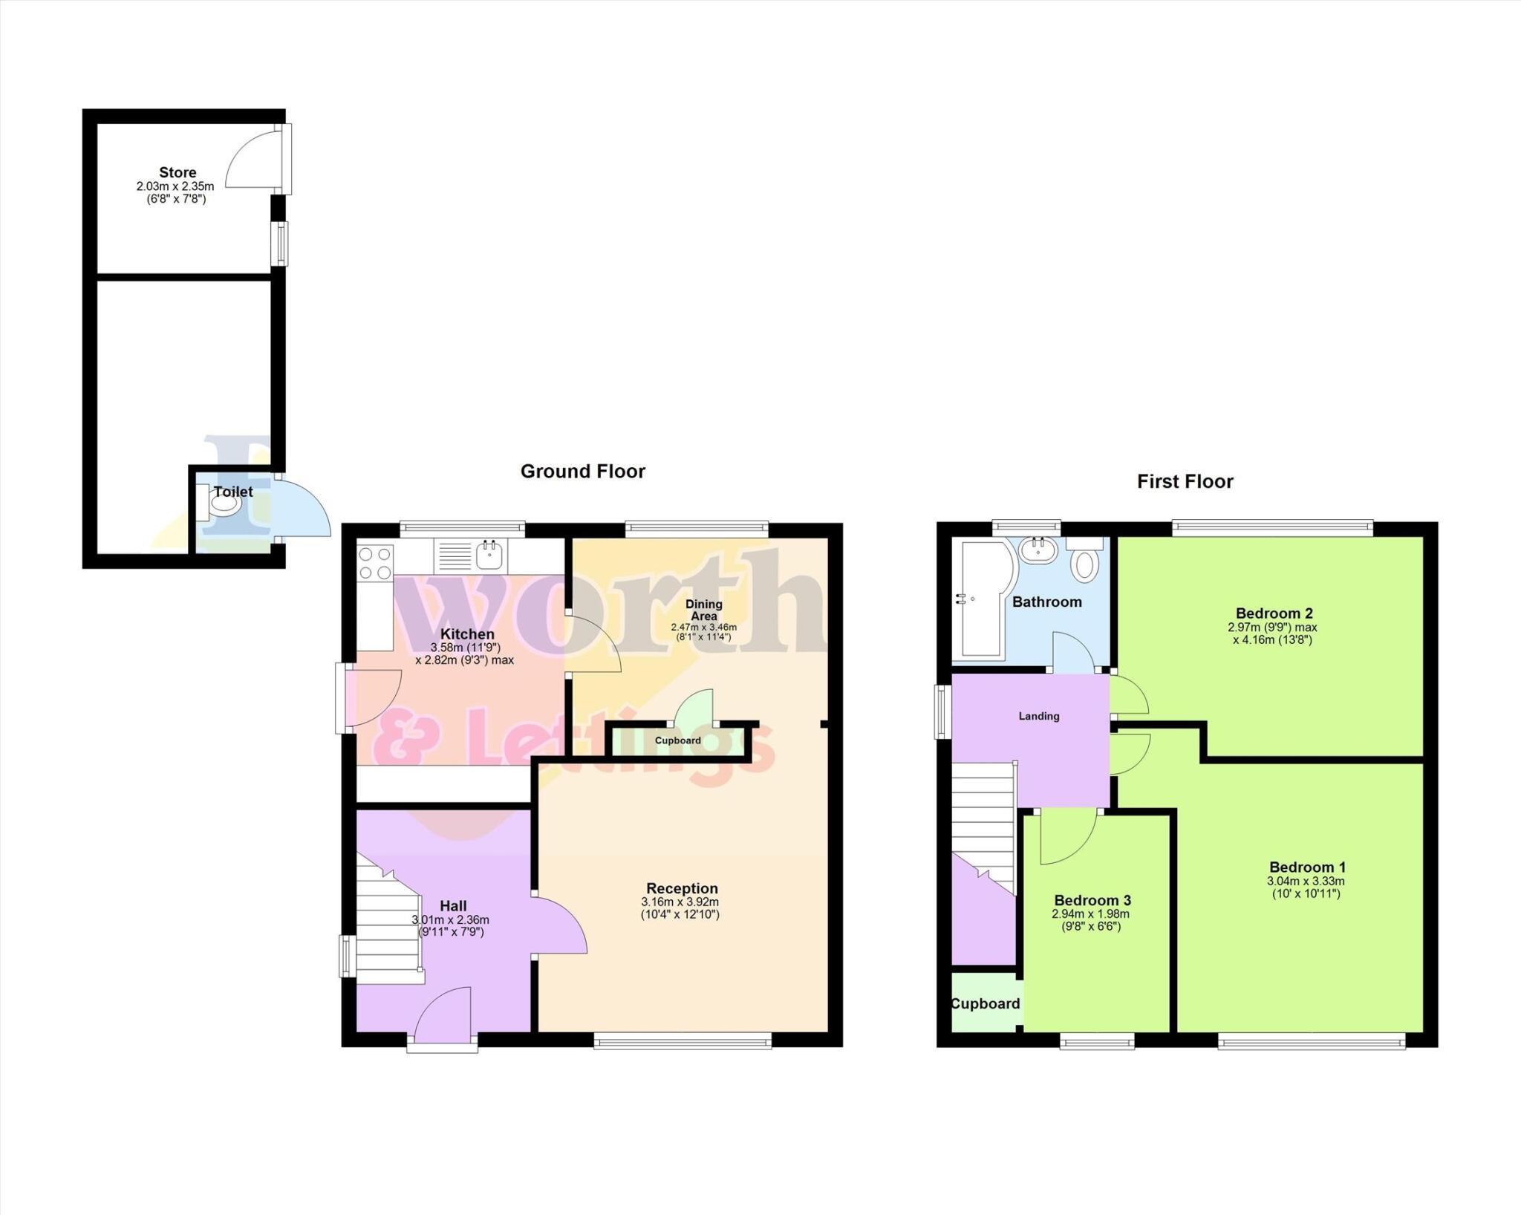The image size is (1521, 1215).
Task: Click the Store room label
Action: [177, 172]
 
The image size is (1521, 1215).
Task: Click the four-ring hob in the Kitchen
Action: [375, 562]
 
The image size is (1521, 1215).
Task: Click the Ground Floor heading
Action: [582, 472]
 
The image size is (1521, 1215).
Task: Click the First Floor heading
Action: [1185, 481]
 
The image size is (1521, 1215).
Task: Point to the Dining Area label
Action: [703, 610]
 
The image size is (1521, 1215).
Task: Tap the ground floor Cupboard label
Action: [677, 740]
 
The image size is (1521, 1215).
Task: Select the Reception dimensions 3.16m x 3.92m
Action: [680, 902]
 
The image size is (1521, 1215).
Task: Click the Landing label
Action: [1038, 716]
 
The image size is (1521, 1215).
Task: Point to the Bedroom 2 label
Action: [1274, 613]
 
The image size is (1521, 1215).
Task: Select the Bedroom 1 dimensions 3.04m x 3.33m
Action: [1306, 881]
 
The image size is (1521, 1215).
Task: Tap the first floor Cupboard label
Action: [985, 1003]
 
